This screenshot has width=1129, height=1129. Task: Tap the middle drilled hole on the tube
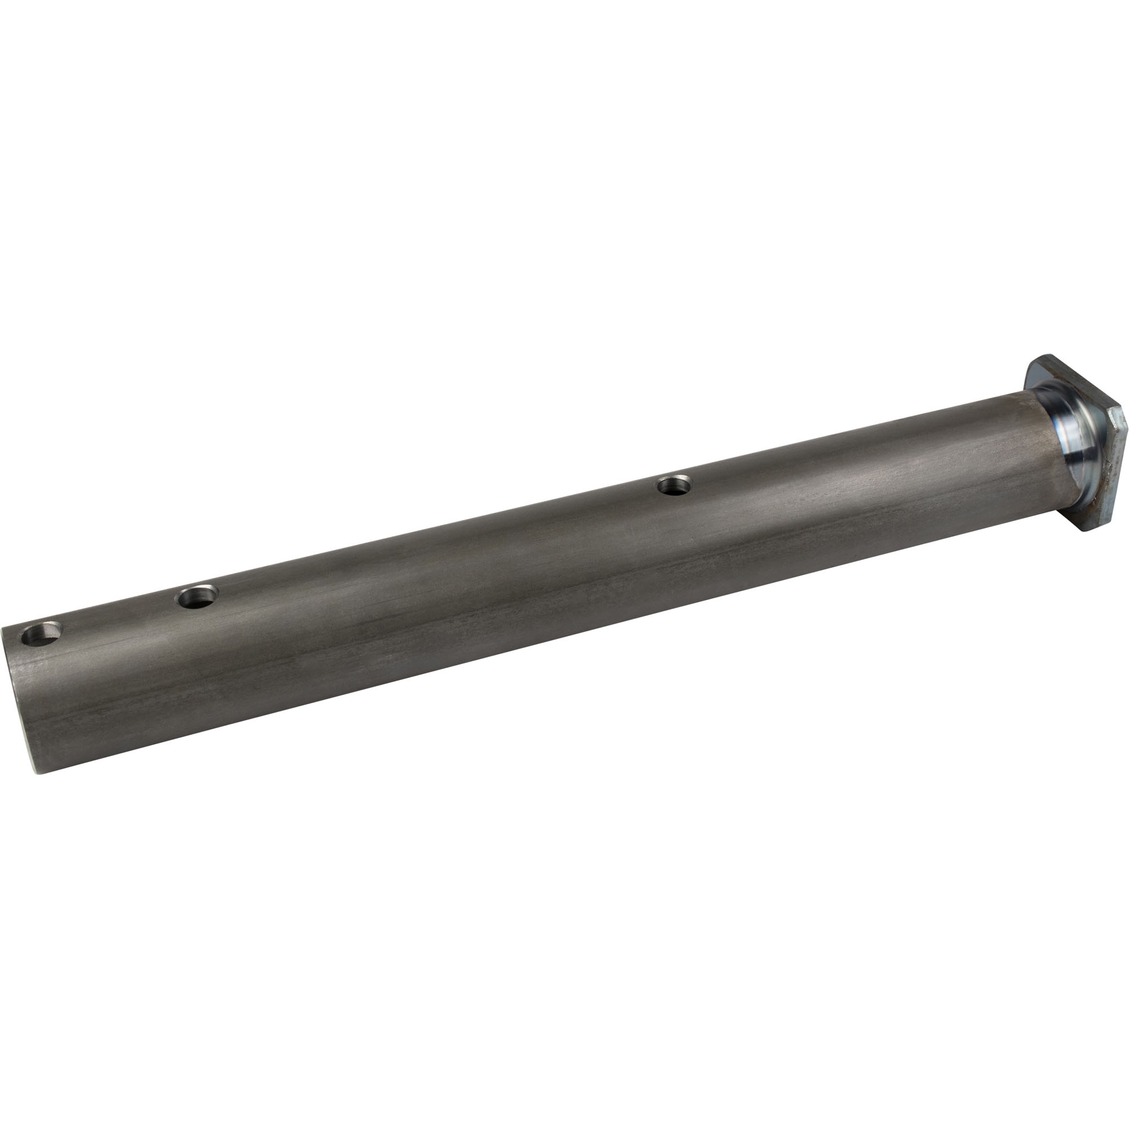coord(199,597)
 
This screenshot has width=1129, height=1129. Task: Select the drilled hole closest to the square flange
coord(674,485)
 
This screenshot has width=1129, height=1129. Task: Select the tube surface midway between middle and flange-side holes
coord(435,541)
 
